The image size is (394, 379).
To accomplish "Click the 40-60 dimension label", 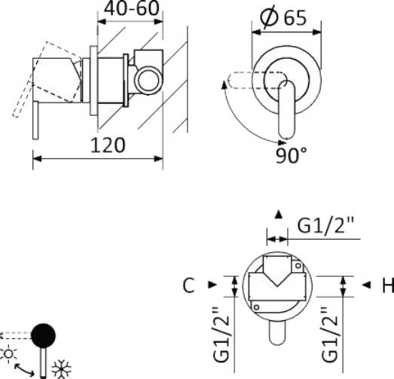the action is [x=132, y=8].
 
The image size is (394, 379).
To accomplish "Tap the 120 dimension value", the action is [x=108, y=145].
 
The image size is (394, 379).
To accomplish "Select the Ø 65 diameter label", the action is [x=283, y=17].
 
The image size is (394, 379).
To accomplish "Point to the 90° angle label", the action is [x=291, y=155].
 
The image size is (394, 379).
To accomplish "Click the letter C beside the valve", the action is [x=188, y=286].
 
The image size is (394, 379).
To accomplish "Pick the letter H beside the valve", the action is [x=388, y=286].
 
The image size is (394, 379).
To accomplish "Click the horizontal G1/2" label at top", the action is [x=325, y=225].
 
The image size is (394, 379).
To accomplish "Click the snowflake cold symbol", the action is [x=61, y=369].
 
